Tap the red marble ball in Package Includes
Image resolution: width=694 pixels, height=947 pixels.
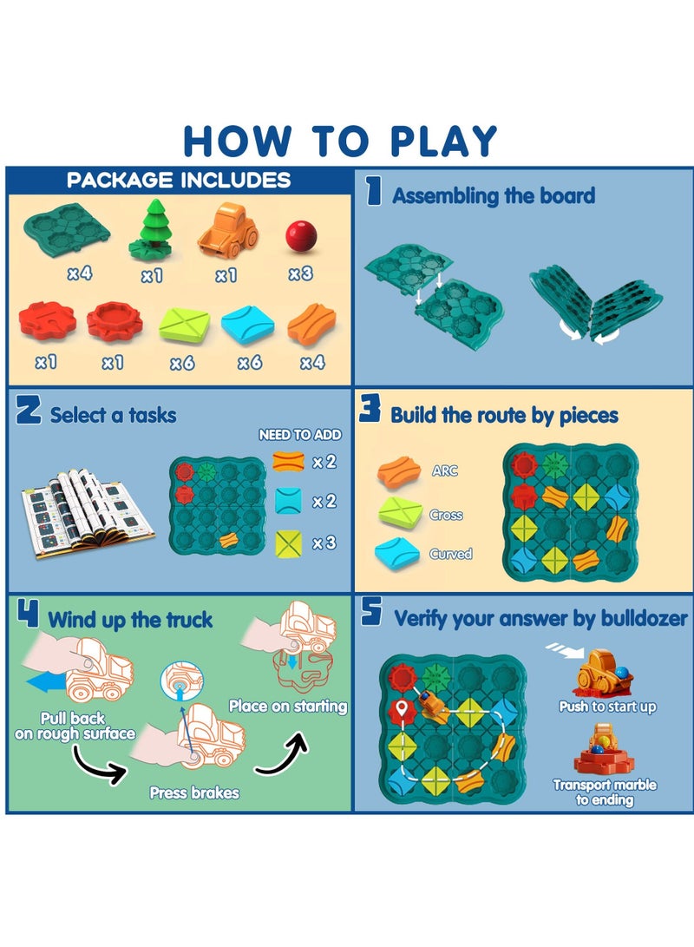[299, 234]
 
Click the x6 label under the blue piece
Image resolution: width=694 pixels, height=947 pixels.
[250, 363]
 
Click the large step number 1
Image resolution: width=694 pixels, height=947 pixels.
[373, 191]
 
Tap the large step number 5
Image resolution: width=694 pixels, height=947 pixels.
[371, 614]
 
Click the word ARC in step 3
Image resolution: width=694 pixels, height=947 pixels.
[444, 470]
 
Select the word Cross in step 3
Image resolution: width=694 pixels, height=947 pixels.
[446, 515]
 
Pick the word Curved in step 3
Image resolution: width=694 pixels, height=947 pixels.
[450, 554]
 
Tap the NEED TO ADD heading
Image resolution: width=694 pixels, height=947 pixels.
[300, 435]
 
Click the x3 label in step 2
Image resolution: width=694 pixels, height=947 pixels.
[324, 543]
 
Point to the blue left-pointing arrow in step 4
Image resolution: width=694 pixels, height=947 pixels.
[48, 684]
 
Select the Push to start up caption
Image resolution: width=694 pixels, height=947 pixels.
[607, 707]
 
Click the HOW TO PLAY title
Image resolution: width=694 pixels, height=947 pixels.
[341, 141]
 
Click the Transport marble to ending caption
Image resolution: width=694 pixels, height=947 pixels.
[605, 792]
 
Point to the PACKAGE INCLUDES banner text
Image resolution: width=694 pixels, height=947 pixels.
[179, 181]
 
